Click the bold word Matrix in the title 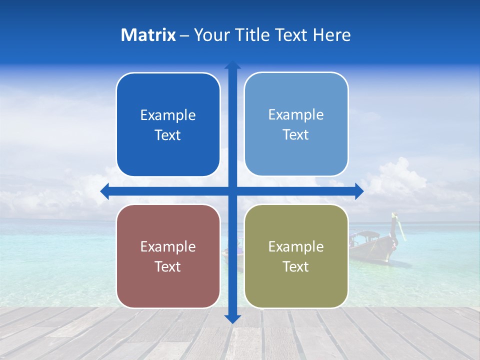point(148,35)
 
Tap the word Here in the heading point(332,35)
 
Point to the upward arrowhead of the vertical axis point(232,65)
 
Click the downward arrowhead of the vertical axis point(232,318)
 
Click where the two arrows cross point(232,191)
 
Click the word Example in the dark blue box point(168,115)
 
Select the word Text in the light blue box point(296,135)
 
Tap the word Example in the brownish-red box point(168,246)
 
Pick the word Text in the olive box point(296,266)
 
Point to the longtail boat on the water point(372,245)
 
